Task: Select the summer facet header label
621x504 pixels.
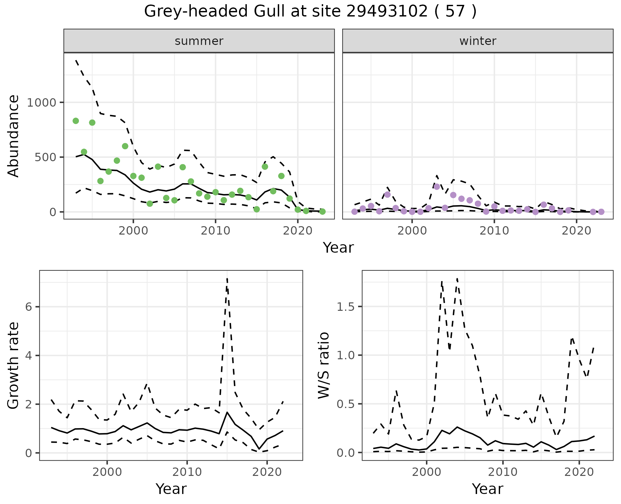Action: [199, 41]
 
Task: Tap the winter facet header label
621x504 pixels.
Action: [478, 41]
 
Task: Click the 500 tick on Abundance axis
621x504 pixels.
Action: [45, 157]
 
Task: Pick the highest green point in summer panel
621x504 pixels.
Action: [76, 121]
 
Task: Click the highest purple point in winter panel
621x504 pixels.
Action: [437, 187]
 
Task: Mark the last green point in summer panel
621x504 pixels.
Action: [322, 211]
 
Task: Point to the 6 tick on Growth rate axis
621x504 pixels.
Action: [29, 307]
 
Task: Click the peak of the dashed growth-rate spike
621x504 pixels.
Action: [227, 278]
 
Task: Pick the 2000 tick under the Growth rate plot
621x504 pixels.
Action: [107, 472]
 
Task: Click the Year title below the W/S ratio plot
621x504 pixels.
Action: [487, 489]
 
